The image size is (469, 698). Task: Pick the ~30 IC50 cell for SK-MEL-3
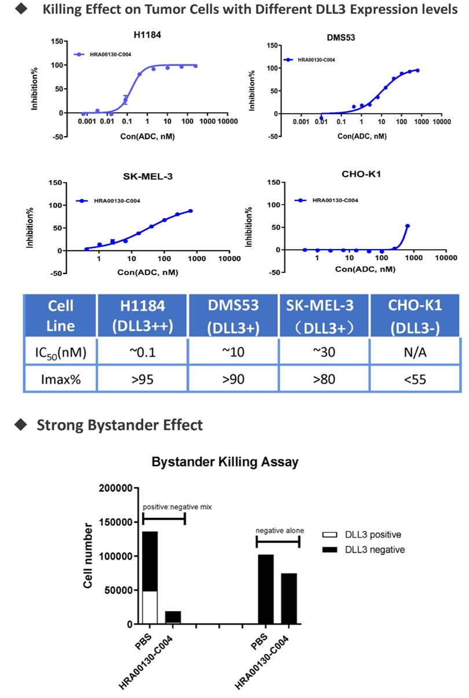(325, 351)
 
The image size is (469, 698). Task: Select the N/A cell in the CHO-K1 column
(415, 351)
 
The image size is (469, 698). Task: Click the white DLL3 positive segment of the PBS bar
(150, 607)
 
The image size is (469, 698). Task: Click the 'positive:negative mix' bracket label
(177, 507)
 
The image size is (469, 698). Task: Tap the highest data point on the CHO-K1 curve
(407, 226)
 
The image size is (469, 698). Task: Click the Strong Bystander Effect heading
(119, 425)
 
